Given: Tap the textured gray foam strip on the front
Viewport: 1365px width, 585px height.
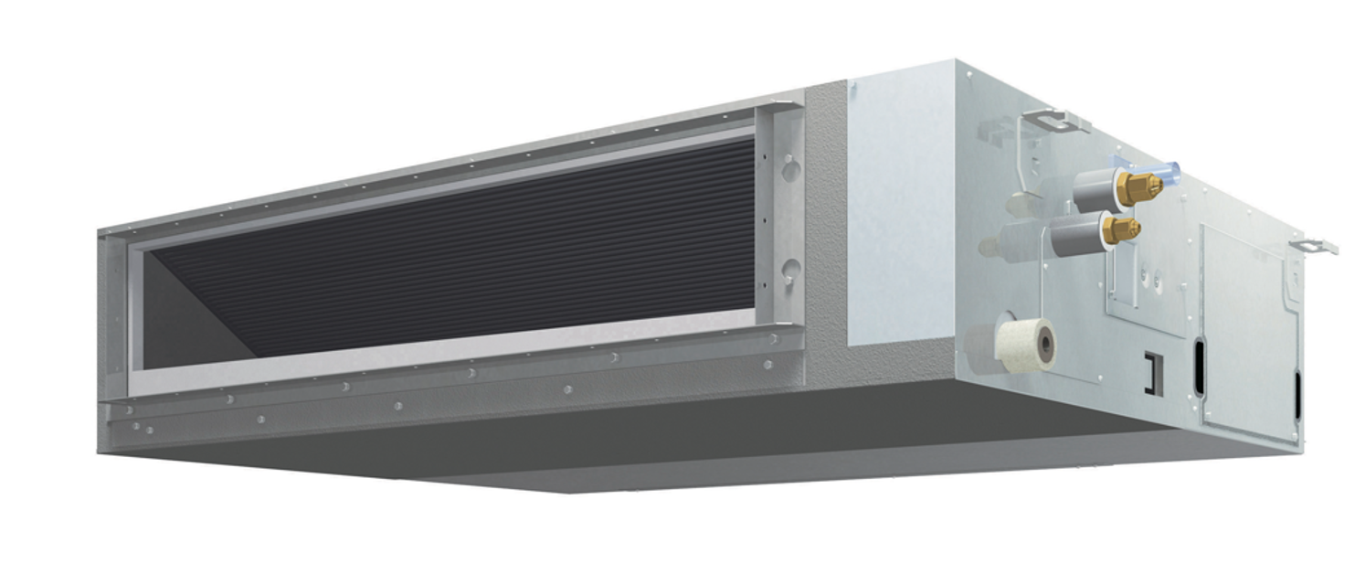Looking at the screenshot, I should pos(826,238).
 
